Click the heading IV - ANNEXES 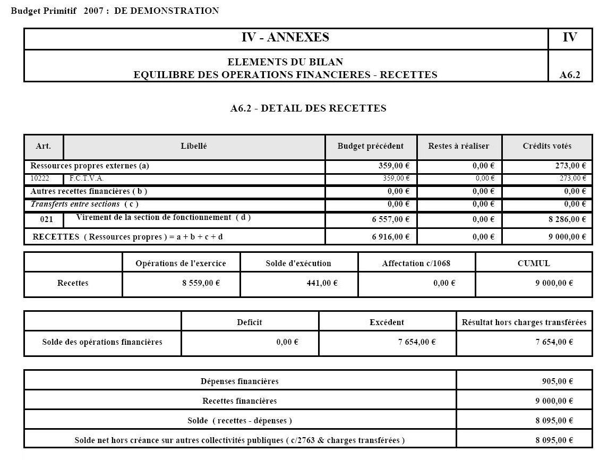[x=285, y=37]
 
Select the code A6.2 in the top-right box [x=570, y=75]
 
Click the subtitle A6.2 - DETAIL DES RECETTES [x=308, y=108]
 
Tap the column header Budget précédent [x=370, y=146]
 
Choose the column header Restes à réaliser [x=458, y=146]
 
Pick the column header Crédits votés [x=547, y=146]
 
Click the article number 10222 [x=40, y=178]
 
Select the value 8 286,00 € [x=567, y=219]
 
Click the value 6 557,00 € [x=390, y=219]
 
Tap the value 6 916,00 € [x=390, y=237]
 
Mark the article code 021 [x=47, y=219]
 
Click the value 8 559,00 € [x=201, y=283]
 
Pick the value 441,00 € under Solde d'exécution [x=320, y=283]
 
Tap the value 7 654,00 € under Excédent [x=417, y=342]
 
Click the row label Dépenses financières [x=239, y=381]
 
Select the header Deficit [x=250, y=322]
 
